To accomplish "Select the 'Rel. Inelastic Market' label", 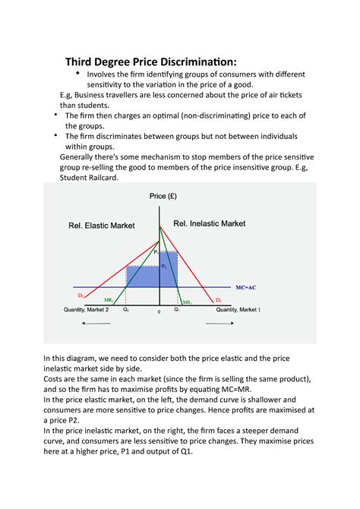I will [210, 223].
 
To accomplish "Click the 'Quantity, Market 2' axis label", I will [82, 310].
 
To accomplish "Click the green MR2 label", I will [109, 301].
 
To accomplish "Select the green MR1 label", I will [186, 302].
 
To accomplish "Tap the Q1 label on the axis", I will [176, 310].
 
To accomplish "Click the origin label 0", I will [159, 312].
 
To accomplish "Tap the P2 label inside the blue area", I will [163, 267].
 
